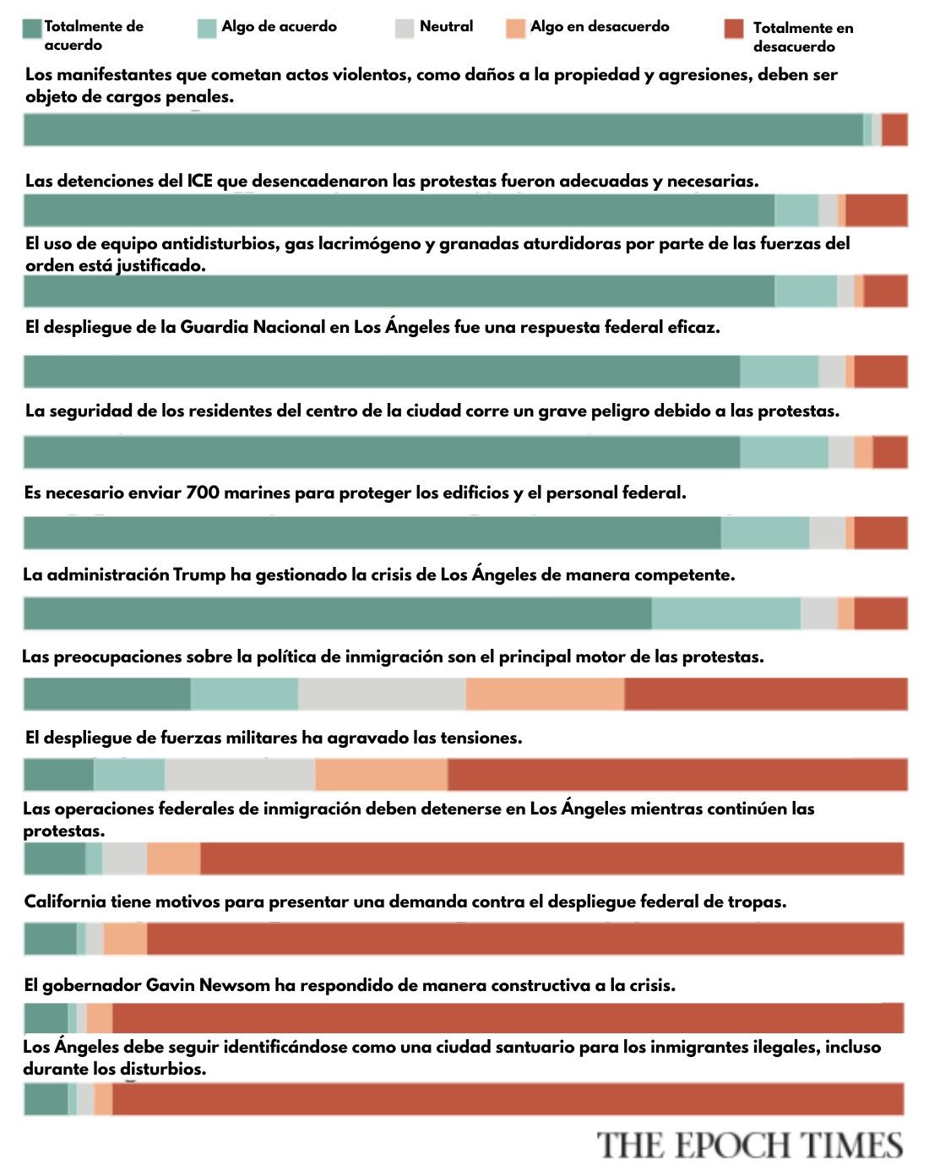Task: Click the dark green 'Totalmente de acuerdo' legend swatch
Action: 32,29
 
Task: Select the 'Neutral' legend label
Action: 446,26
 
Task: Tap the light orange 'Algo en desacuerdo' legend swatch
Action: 515,29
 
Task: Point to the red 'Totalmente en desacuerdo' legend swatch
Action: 734,29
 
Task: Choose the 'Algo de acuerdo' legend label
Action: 279,26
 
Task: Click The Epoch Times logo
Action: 750,1146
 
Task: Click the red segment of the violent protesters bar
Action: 894,130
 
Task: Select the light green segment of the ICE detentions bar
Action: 796,210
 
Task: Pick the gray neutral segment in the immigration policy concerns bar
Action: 382,694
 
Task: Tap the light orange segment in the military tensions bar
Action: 381,774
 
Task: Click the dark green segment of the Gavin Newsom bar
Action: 46,1018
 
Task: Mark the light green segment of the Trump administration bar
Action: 726,613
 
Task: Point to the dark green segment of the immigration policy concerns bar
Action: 107,694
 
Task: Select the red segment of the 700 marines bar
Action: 881,533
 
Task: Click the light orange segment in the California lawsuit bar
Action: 125,939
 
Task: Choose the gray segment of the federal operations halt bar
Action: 124,858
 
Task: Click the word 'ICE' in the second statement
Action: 199,181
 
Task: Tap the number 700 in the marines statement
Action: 203,493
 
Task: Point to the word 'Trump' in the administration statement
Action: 199,575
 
